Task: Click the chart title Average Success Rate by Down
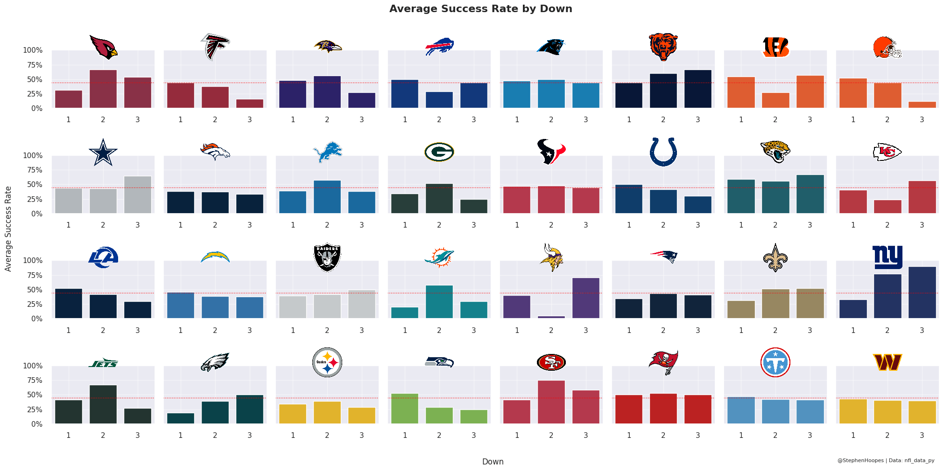click(x=480, y=9)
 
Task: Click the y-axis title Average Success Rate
click(x=8, y=229)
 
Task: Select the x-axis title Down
click(x=493, y=462)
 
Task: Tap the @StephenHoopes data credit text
click(x=886, y=460)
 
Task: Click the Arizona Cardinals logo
click(x=103, y=47)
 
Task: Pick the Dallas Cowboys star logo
click(x=103, y=152)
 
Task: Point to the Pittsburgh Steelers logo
click(x=327, y=362)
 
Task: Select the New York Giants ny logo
click(x=888, y=257)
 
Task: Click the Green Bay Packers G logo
click(x=439, y=152)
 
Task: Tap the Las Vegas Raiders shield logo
click(x=327, y=257)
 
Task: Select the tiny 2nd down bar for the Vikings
click(x=551, y=317)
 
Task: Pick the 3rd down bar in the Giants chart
click(x=922, y=292)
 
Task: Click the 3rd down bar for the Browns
click(x=922, y=105)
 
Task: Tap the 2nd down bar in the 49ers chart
click(x=551, y=402)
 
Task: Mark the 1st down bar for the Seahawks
click(x=405, y=409)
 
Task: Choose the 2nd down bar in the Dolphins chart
click(x=439, y=302)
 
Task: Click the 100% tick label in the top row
click(x=33, y=50)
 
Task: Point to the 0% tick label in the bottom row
click(x=37, y=424)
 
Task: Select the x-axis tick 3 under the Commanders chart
click(x=922, y=436)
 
